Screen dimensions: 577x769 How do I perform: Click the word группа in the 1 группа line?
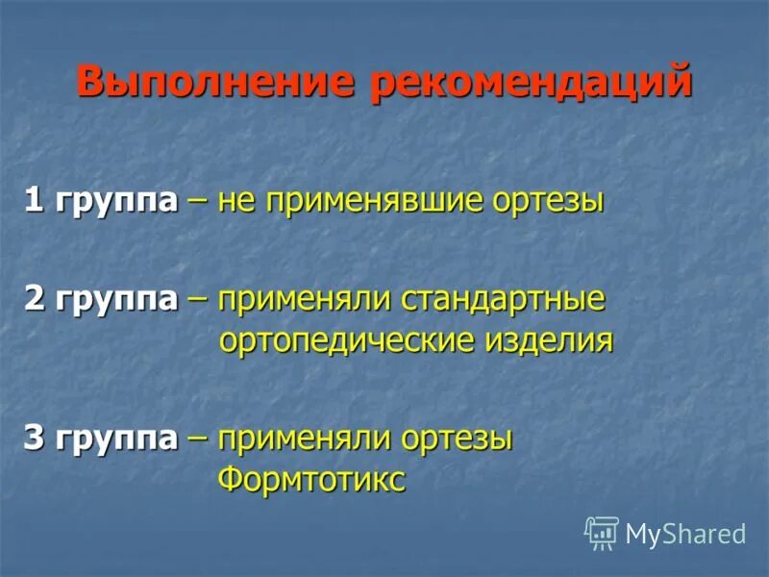coord(116,203)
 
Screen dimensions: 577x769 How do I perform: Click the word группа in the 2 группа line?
coord(116,300)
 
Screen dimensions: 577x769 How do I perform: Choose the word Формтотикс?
coord(312,480)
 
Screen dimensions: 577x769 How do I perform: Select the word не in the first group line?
coord(235,203)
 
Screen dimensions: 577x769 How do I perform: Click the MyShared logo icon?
coord(602,533)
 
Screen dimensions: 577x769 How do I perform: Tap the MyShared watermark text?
coord(685,535)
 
